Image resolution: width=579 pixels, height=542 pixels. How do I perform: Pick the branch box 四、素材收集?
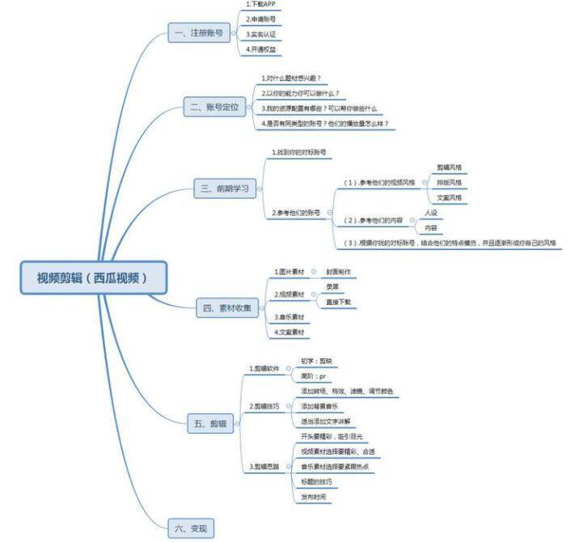pos(227,307)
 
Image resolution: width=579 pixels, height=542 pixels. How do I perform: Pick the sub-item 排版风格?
pos(449,182)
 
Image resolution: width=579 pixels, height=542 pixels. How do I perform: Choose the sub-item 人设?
pos(431,213)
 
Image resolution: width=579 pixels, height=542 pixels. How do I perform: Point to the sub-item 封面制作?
pos(338,272)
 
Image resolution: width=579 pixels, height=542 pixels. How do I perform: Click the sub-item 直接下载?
pos(338,302)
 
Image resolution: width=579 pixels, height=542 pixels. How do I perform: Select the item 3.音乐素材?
pos(289,317)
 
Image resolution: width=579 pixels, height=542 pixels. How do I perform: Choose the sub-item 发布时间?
pos(314,497)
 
